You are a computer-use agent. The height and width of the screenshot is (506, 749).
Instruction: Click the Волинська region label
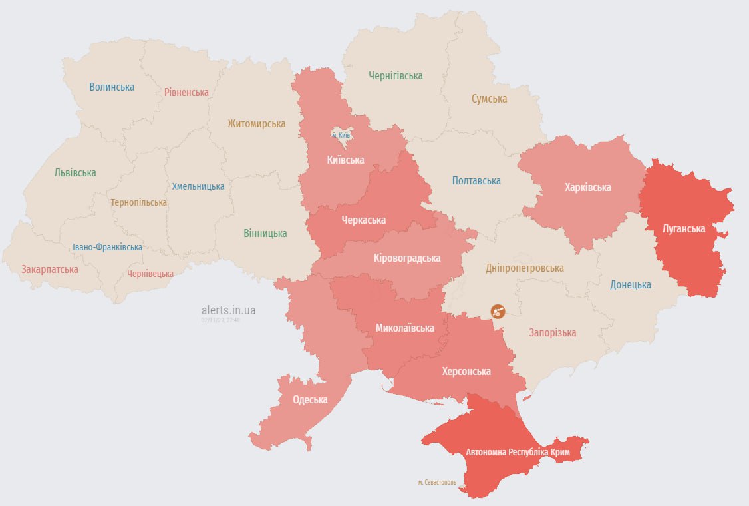coord(112,87)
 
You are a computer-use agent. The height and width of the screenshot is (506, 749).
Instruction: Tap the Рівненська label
coord(186,92)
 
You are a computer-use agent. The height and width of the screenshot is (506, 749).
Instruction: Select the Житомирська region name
coord(256,123)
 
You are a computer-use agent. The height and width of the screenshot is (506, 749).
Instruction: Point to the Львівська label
coord(75,172)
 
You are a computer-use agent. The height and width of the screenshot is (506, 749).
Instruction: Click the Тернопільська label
coord(139,202)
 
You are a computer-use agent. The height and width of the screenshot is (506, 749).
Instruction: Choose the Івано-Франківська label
coord(107,247)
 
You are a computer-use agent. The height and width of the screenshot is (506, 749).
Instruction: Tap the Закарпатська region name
coord(50,270)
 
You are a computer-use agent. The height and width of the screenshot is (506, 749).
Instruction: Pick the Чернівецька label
coord(150,274)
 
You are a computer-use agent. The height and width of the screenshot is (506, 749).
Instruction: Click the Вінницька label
coord(265,233)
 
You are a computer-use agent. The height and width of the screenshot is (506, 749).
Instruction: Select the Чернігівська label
coord(396,75)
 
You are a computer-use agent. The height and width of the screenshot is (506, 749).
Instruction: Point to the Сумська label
coord(489,99)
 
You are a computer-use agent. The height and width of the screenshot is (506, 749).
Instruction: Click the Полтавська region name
coord(476,180)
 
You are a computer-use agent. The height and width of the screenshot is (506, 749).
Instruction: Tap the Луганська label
coord(684,228)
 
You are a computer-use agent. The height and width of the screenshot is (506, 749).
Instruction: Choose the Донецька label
coord(631,284)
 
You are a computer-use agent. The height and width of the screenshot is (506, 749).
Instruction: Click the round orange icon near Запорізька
coord(498,310)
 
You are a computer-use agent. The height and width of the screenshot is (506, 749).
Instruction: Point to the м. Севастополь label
coord(437,482)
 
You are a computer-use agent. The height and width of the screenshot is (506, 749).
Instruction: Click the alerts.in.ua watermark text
coord(228,310)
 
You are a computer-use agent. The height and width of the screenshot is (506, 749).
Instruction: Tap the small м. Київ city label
coord(340,135)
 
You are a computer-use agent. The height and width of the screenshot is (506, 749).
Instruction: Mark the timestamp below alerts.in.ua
coord(220,320)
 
